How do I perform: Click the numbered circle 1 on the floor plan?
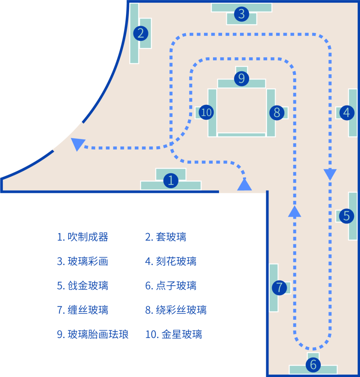tap(171, 180)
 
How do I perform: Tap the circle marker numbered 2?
tap(140, 33)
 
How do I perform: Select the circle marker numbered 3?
tap(242, 14)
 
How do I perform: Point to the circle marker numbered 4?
tap(346, 113)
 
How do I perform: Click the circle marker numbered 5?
tap(346, 216)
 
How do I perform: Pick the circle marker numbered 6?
tap(313, 365)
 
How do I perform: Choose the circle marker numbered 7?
tap(279, 287)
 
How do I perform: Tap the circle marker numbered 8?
tap(277, 113)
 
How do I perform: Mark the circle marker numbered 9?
tap(242, 79)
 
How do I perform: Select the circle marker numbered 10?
tap(206, 112)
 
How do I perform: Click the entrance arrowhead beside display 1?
tap(244, 184)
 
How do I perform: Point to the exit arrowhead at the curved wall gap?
tap(77, 144)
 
